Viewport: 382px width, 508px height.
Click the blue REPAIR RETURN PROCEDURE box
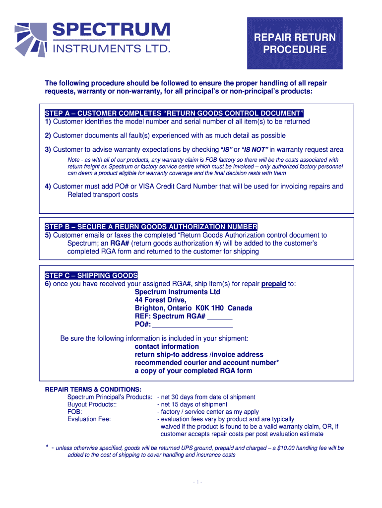295,43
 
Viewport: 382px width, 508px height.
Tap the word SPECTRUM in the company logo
111,29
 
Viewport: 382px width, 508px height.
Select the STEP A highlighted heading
174,113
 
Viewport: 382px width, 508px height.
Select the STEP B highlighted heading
151,227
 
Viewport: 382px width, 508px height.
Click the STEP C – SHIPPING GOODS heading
91,275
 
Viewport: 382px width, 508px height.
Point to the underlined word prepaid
273,284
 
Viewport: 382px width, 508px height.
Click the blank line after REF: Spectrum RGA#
220,317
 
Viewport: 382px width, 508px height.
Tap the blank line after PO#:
192,324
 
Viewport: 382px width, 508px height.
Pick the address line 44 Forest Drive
161,300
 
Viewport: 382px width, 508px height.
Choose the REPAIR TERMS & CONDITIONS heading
93,389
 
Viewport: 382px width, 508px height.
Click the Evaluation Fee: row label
89,419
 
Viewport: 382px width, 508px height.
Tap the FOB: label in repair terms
75,412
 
